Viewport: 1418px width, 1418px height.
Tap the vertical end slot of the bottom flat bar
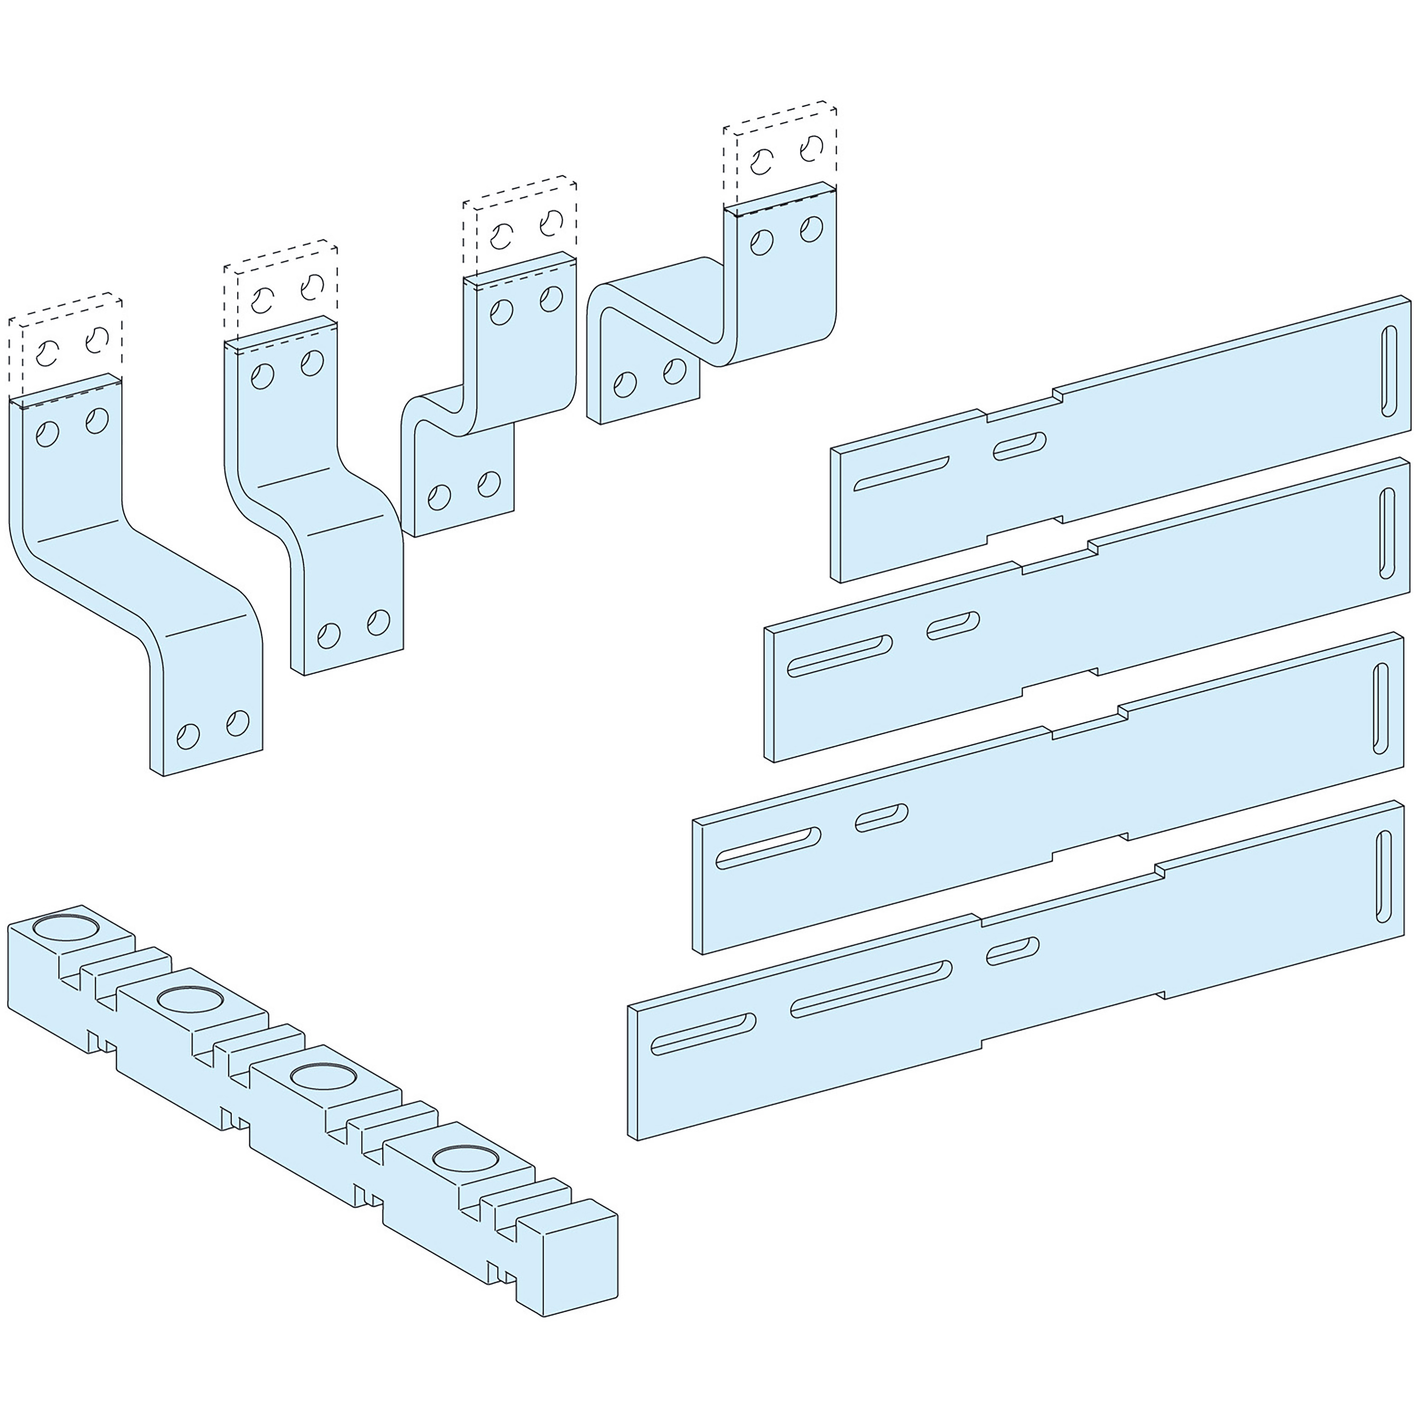pyautogui.click(x=1384, y=876)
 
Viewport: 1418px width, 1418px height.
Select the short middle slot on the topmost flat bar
pyautogui.click(x=1020, y=446)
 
